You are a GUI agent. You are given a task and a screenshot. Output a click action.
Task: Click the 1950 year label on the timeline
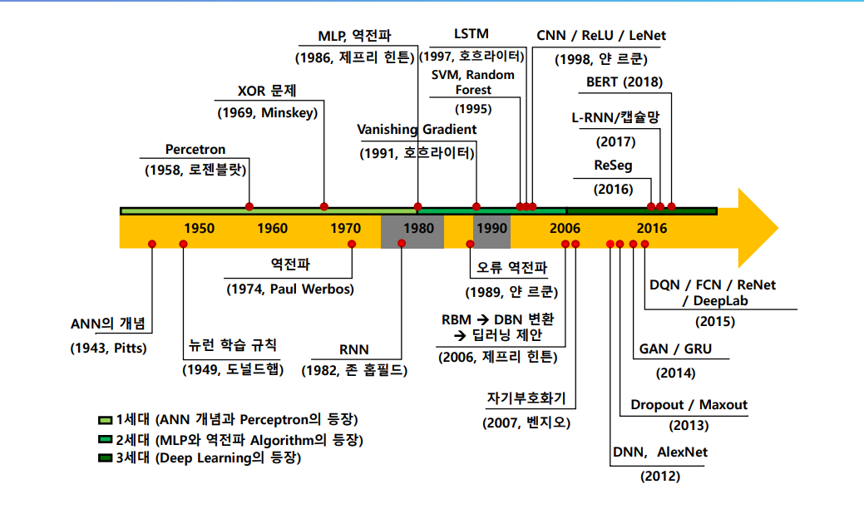(200, 229)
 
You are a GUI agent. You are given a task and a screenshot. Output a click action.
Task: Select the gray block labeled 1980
(412, 230)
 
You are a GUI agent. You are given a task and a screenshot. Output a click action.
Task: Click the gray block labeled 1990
(491, 230)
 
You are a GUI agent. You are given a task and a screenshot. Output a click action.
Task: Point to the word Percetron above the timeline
(195, 150)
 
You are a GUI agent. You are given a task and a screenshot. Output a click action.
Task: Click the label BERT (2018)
(625, 82)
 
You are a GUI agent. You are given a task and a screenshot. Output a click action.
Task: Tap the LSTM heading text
(471, 34)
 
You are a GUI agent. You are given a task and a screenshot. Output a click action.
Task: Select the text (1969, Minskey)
(267, 112)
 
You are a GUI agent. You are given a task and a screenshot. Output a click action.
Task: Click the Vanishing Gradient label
(417, 129)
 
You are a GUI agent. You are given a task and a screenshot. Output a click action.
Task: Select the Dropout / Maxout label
(689, 405)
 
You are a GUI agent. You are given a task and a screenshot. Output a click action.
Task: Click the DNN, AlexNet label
(660, 452)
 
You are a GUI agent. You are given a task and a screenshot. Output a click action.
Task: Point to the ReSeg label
(613, 166)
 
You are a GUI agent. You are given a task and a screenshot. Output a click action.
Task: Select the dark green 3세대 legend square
(105, 458)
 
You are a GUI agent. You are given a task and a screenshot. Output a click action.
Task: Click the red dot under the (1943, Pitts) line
(152, 244)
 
